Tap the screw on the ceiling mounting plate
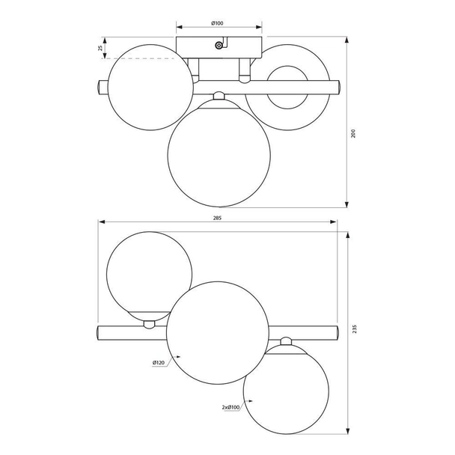tap(218, 46)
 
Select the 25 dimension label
tap(100, 49)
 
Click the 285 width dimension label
tap(218, 218)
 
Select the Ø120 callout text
tap(158, 363)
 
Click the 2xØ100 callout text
tap(231, 408)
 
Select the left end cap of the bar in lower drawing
tap(99, 330)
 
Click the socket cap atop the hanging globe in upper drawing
tap(219, 95)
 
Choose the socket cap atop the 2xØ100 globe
tap(285, 343)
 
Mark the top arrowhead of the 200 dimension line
tap(347, 41)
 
